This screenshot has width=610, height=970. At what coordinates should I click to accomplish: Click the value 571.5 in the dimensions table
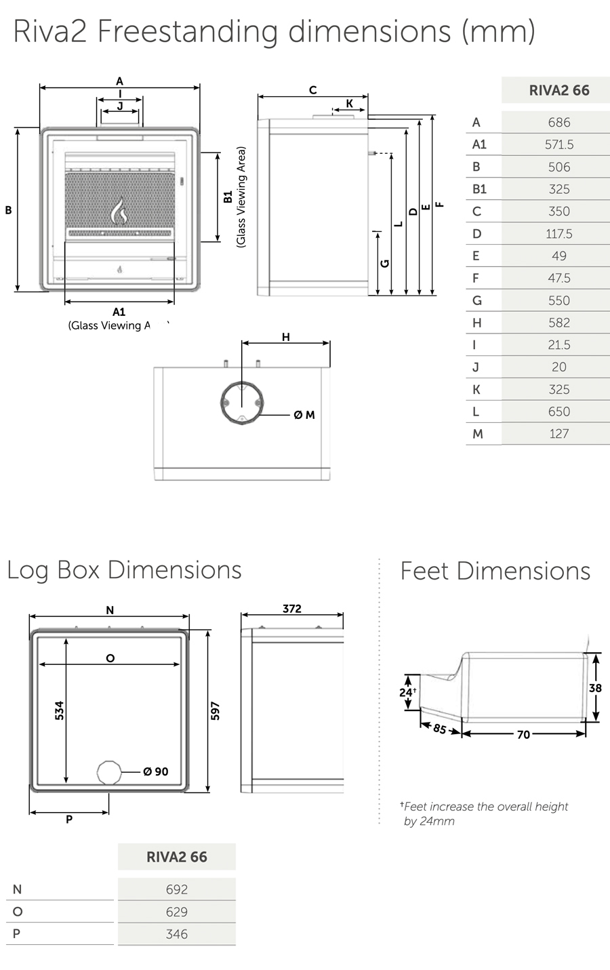pos(558,144)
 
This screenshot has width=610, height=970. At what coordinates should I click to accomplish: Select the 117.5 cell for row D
pos(558,234)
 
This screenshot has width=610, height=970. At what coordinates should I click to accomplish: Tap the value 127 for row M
pos(558,434)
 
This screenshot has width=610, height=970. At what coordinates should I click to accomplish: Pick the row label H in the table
pos(476,323)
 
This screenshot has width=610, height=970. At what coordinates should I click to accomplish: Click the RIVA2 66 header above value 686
pos(558,90)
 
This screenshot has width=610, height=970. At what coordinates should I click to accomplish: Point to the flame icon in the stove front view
pos(119,211)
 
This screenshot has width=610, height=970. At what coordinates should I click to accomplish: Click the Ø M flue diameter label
pos(304,415)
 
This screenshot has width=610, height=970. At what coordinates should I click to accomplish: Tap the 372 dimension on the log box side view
pos(292,609)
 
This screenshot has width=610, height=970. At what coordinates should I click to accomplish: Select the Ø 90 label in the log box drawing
pos(156,771)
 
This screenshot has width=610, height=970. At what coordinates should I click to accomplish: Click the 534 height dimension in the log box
pos(60,710)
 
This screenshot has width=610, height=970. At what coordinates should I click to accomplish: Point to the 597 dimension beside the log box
pos(216,710)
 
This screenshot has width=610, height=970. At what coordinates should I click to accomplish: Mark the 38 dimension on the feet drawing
pos(595,688)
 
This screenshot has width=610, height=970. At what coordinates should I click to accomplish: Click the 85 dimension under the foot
pos(439,730)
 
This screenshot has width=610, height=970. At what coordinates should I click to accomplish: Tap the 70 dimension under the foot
pos(523,735)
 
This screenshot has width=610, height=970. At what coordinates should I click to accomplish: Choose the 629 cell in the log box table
pos(176,912)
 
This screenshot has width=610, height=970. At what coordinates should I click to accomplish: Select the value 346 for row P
pos(176,934)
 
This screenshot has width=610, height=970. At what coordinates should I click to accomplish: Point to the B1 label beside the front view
pos(228,197)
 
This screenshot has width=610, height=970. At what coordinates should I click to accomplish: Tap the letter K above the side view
pos(350,104)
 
